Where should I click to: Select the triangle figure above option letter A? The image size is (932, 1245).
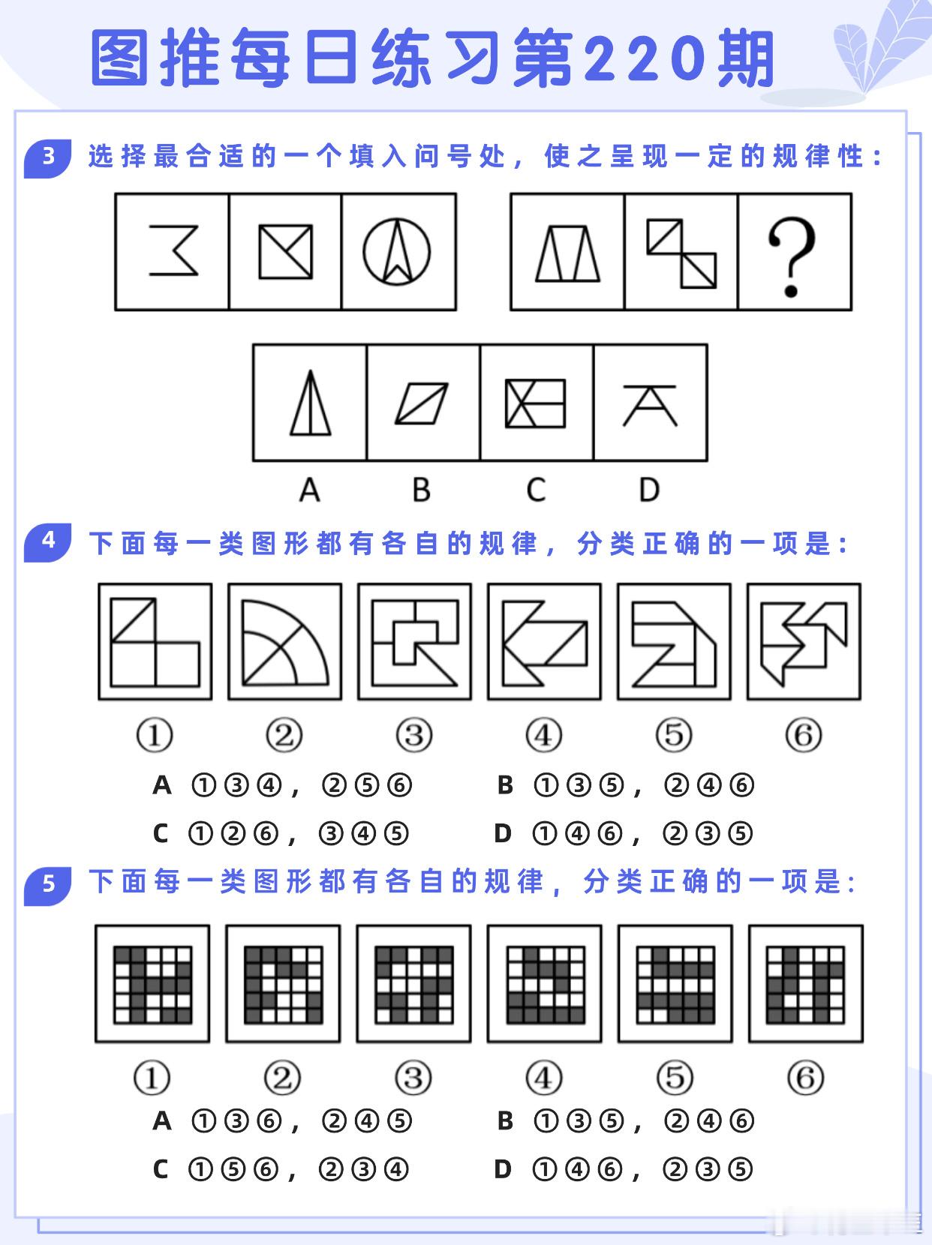click(310, 403)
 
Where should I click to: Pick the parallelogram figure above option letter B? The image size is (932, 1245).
click(422, 403)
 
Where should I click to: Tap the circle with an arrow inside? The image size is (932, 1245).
click(397, 251)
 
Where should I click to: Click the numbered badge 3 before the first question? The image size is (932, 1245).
click(47, 157)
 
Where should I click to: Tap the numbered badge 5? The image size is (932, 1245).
click(47, 885)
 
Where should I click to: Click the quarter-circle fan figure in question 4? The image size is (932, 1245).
click(285, 643)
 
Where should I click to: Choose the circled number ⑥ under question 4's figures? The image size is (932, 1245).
click(804, 735)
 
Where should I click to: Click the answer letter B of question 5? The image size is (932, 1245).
click(505, 1120)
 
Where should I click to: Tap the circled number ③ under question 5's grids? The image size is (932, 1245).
click(413, 1078)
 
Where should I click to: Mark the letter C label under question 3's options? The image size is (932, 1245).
click(536, 490)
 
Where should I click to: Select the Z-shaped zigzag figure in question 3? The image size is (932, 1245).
click(173, 250)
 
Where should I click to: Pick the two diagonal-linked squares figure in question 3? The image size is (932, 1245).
click(681, 253)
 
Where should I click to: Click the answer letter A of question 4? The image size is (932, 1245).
click(162, 785)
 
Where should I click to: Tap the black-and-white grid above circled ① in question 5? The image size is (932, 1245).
click(152, 985)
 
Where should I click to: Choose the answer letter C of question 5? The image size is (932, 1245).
click(161, 1169)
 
